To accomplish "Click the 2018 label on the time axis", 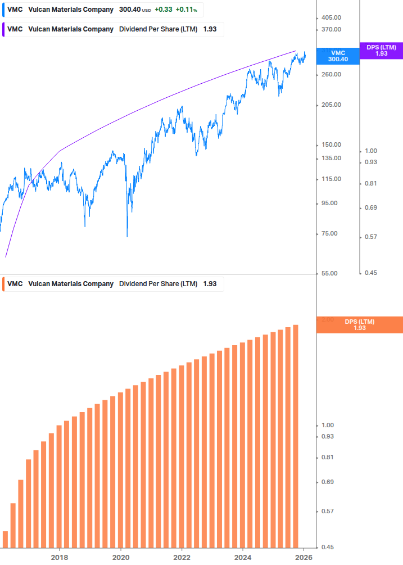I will pos(60,557).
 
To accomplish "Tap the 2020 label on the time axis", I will pos(121,557).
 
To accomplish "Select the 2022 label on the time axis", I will pos(182,557).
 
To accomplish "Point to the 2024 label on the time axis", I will pos(243,557).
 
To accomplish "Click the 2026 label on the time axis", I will pos(304,557).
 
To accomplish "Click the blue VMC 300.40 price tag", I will pos(338,56).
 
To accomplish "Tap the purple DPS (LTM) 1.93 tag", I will pos(381,51).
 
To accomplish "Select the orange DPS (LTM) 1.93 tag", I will pos(360,324).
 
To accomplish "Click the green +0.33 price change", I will pos(164,10).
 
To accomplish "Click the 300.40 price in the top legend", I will pos(130,10).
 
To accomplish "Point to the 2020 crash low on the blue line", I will pos(127,236).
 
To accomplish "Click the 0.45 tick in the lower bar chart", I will pos(327,547).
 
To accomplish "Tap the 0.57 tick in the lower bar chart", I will pos(327,511).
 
